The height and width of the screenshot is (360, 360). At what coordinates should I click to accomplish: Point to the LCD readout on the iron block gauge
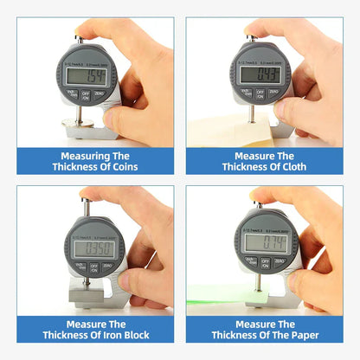tap(94, 249)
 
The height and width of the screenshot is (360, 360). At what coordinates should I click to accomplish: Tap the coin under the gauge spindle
tap(84, 123)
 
